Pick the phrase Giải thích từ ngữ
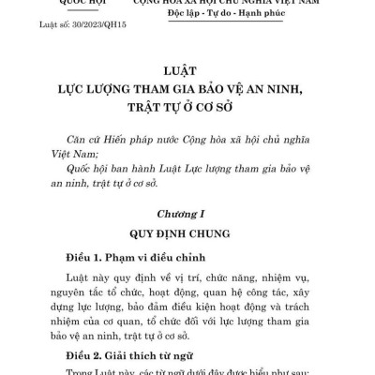coord(142,356)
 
